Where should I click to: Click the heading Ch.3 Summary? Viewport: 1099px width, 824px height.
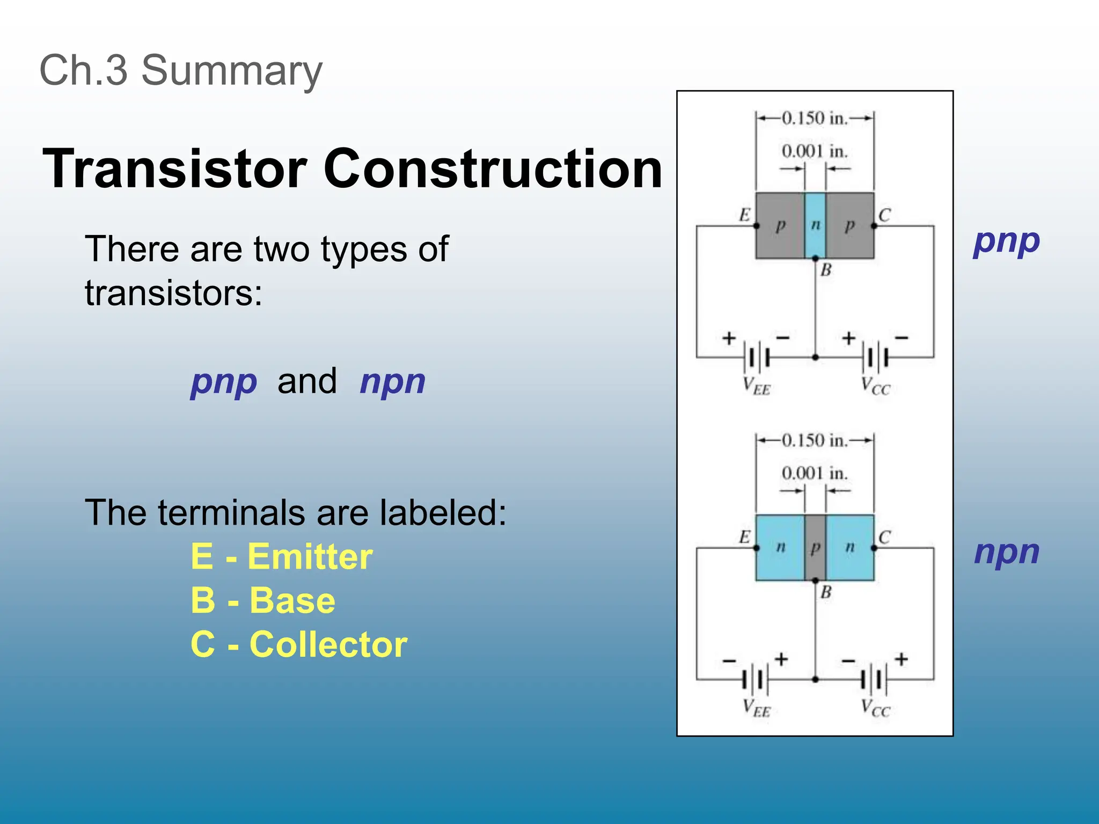[181, 70]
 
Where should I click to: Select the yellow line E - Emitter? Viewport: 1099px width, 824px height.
[282, 556]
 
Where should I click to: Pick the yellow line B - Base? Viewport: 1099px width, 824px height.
[263, 600]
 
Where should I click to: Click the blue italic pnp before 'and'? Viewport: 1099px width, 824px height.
[224, 382]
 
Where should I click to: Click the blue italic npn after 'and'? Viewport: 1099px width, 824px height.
[392, 382]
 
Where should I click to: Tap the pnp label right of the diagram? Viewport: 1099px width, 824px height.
[1006, 241]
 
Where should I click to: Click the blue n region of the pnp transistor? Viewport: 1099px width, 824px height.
[815, 225]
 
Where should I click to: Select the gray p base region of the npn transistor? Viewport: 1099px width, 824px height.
[815, 547]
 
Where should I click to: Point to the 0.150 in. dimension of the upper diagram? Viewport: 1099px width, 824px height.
[815, 118]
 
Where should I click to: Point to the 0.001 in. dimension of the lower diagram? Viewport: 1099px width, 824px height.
[815, 473]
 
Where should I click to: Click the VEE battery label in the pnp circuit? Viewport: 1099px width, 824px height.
[756, 386]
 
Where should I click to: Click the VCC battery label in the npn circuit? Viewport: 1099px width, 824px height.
[875, 708]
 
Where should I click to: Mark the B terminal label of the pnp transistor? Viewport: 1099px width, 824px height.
[826, 270]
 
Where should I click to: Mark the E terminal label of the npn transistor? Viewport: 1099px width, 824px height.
[744, 537]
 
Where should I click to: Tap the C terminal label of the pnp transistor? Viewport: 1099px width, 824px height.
[884, 215]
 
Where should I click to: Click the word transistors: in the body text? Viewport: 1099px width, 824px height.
[174, 293]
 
